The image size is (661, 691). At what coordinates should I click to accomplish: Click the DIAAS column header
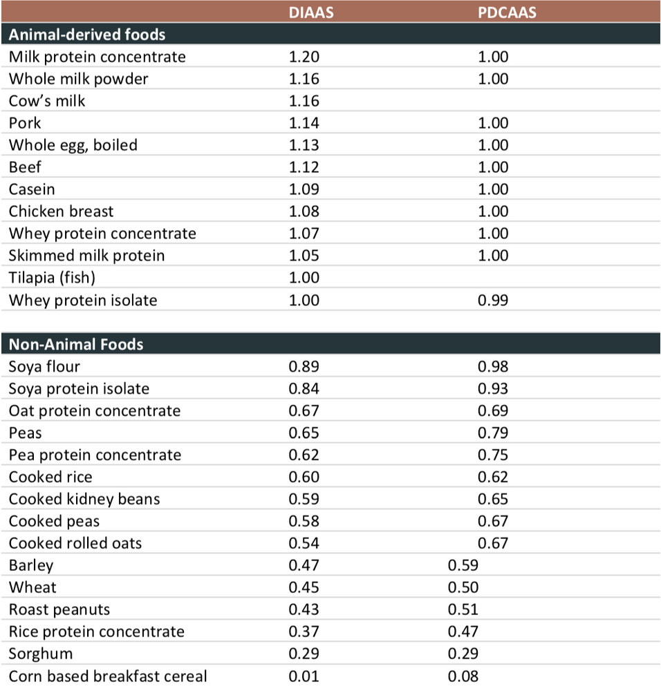coord(304,12)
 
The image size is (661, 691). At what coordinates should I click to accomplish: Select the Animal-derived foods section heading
coord(87,34)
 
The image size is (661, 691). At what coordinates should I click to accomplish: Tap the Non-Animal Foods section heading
coord(76,343)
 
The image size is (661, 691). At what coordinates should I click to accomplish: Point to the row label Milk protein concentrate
coord(97,57)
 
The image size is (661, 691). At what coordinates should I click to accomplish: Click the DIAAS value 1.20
coord(304,57)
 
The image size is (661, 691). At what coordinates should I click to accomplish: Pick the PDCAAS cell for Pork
coord(493,123)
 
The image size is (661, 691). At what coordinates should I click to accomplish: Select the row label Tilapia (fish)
coord(52,278)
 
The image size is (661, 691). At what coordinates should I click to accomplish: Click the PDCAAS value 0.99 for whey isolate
coord(493,300)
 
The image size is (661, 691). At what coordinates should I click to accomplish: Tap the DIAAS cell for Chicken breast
coord(304,211)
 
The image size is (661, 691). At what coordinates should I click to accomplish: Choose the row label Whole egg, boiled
coord(73,145)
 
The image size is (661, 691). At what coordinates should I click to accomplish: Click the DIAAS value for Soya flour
coord(304,366)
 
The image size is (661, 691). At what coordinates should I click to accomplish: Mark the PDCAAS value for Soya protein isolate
coord(493,388)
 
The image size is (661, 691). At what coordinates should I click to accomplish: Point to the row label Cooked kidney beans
coord(84,499)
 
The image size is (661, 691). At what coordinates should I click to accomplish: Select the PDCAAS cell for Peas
coord(493,433)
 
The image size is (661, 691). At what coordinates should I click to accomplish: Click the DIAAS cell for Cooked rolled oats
coord(304,543)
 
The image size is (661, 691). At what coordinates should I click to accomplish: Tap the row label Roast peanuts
coord(59,609)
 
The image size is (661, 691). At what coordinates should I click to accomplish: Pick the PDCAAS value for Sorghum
coord(463,654)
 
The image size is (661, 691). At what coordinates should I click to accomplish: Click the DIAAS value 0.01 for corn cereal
coord(304,676)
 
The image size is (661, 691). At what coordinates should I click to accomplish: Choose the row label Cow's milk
coord(47,101)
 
